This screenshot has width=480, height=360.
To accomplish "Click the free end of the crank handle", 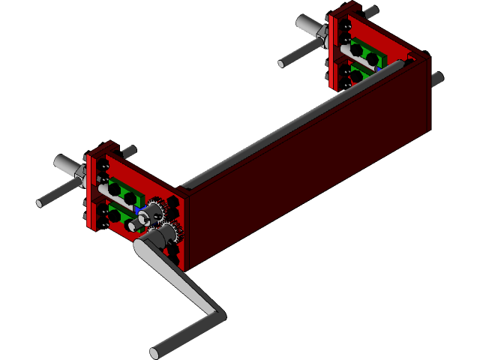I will [155, 352].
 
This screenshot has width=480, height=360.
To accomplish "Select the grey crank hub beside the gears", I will [152, 241].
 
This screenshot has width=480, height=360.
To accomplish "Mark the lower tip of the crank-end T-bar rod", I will [41, 202].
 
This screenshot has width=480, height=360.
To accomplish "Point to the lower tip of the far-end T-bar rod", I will [283, 63].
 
